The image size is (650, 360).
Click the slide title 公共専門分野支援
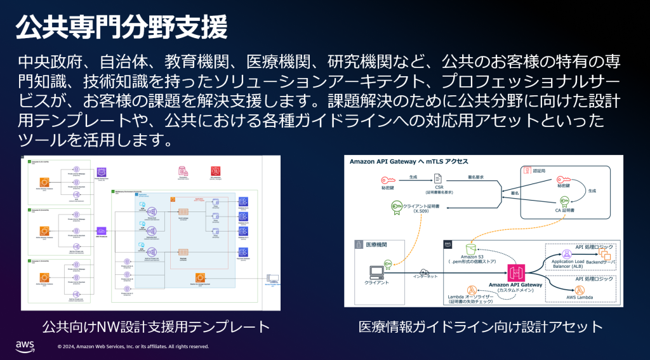tap(121, 28)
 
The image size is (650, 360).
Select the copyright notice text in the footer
tap(133, 347)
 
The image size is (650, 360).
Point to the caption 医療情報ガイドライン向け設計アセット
tap(481, 327)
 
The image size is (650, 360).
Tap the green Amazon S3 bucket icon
tap(470, 246)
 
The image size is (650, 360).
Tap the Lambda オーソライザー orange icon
tap(471, 290)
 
